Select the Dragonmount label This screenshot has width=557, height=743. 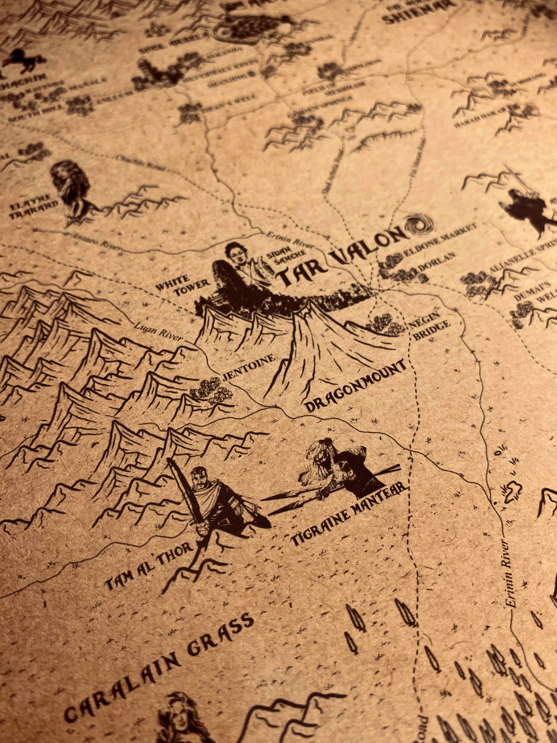pos(355,386)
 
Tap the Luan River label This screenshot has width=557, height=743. pos(158,332)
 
